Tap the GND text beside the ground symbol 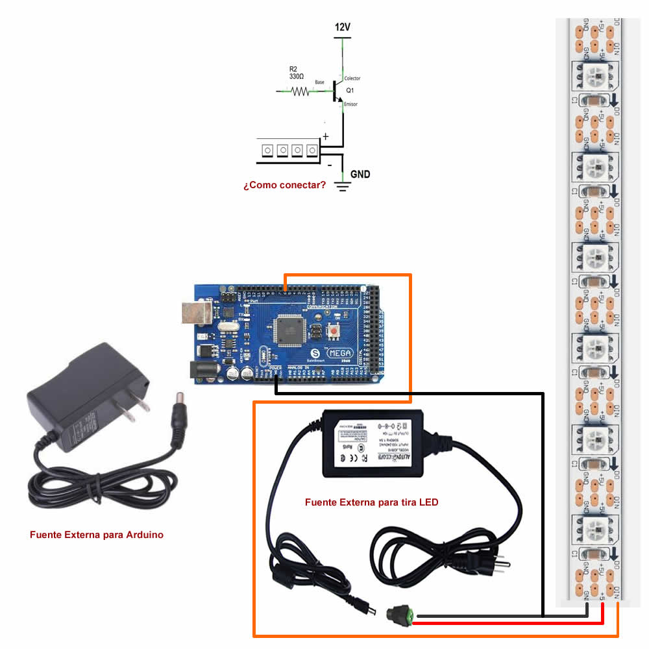[361, 174]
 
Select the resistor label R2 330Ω [297, 72]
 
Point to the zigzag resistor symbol [300, 92]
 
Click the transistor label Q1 [350, 90]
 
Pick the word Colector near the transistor [352, 78]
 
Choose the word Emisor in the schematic [350, 104]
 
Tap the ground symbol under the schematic [343, 187]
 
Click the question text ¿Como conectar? [285, 185]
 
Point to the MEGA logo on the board [342, 353]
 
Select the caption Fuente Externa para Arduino [97, 535]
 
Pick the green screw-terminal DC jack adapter [401, 614]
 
